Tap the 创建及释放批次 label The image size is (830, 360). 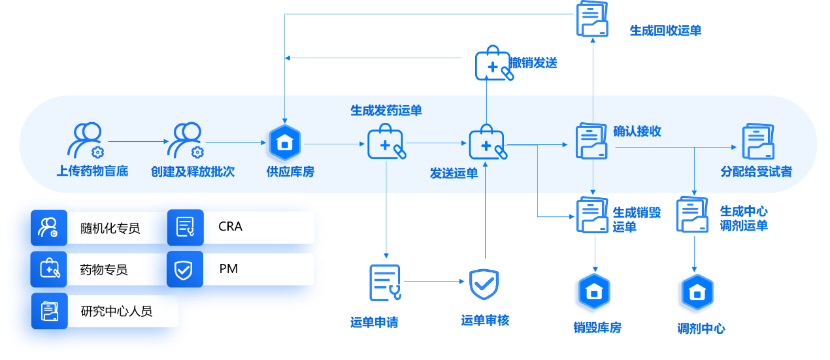192,172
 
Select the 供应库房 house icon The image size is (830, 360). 284,142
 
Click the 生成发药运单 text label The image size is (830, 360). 386,110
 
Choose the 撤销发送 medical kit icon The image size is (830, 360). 494,63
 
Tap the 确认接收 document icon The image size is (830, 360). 592,142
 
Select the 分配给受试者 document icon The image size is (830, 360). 758,142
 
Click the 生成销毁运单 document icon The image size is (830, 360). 593,215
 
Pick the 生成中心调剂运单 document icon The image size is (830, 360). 693,215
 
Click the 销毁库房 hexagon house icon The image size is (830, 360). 593,292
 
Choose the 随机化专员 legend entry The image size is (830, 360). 98,228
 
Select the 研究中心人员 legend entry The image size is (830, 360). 105,311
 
